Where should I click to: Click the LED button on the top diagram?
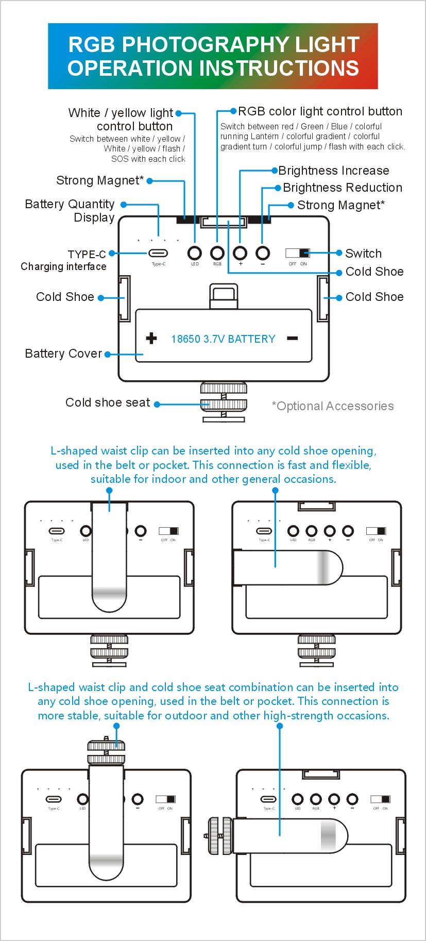(x=195, y=253)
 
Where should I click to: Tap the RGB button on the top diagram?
(x=217, y=253)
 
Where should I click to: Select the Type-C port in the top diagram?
(x=158, y=253)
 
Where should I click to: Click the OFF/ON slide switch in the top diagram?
(x=298, y=253)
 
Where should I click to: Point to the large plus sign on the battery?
(x=151, y=338)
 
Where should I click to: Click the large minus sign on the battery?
(x=292, y=338)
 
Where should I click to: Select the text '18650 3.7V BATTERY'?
(x=223, y=339)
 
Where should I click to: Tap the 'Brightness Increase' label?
(x=333, y=171)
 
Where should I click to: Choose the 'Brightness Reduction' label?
(x=342, y=188)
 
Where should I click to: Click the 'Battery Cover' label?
(x=63, y=354)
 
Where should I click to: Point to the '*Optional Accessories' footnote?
(x=332, y=406)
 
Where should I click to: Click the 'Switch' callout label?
(x=363, y=254)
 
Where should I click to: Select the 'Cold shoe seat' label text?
(x=108, y=402)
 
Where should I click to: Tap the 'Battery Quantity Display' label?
(x=70, y=211)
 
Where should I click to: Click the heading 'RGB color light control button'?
(x=320, y=111)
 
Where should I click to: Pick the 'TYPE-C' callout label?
(x=87, y=255)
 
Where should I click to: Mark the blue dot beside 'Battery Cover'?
(x=108, y=355)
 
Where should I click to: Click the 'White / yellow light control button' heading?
(x=122, y=120)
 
